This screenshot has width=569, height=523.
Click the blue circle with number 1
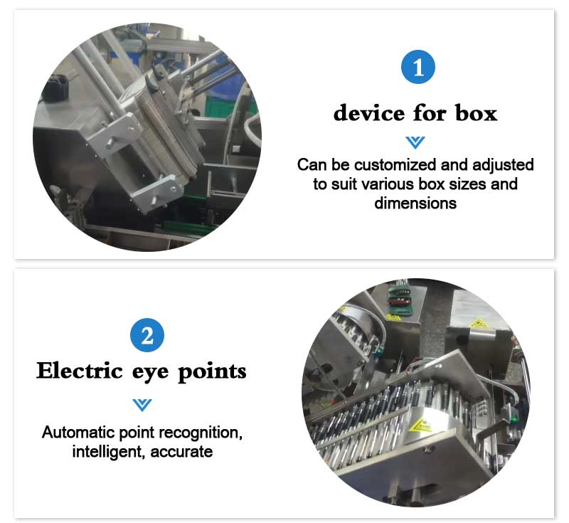pos(418,67)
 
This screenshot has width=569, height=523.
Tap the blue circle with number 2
pos(147,335)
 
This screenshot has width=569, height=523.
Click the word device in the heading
pos(369,112)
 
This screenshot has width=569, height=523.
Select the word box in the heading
pos(476,112)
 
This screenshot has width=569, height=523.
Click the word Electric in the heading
pos(80,371)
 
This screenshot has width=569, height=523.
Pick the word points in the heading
pos(212,372)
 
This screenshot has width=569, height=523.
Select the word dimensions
pos(415,204)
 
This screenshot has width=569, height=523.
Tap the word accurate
pos(181,453)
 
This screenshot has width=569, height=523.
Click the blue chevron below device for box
pos(415,142)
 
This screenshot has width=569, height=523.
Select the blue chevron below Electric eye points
pos(142,405)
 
